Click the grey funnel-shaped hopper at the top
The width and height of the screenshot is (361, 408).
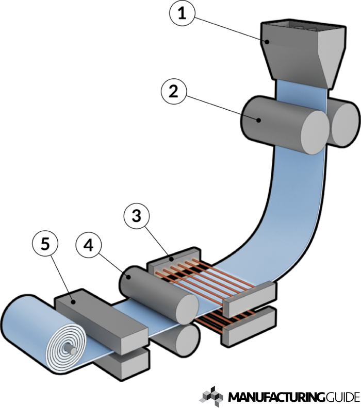(x=302, y=52)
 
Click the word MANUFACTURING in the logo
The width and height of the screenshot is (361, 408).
(x=276, y=397)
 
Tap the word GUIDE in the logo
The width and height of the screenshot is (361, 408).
(x=342, y=397)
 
